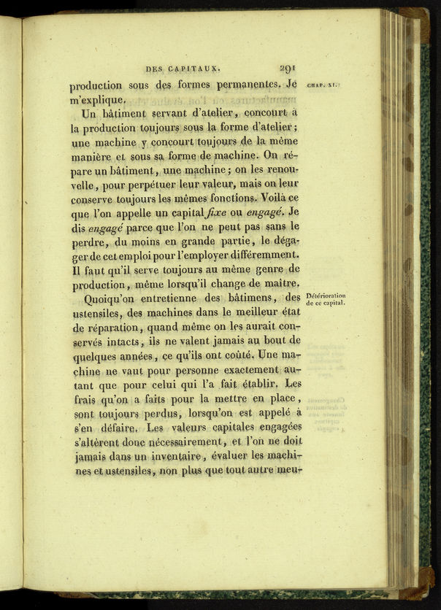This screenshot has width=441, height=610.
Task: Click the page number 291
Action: pos(286,69)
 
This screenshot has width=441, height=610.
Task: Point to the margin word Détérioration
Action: pos(326,296)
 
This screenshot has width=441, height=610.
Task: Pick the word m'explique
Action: pos(99,99)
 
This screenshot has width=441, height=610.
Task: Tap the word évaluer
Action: pos(225,456)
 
